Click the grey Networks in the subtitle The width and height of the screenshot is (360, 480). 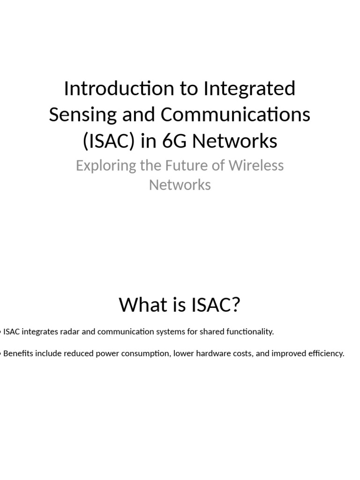(180, 185)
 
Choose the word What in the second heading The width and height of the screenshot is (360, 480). (141, 305)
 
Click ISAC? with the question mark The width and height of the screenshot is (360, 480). (216, 305)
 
